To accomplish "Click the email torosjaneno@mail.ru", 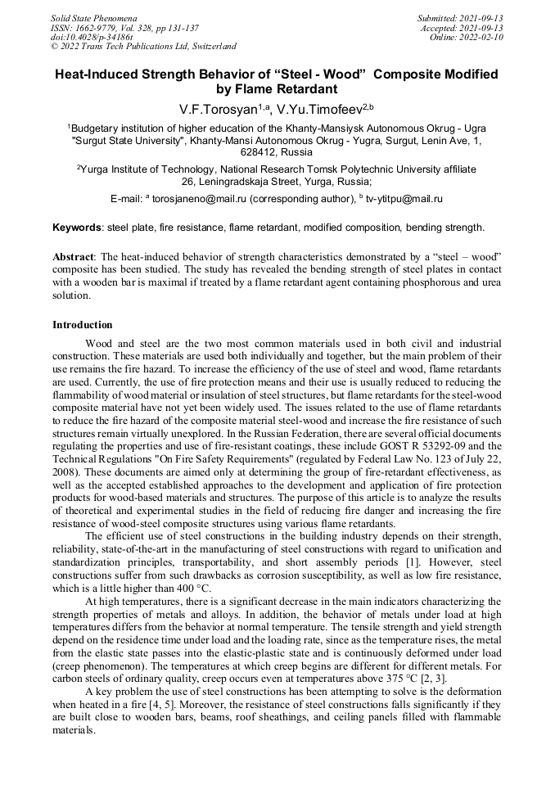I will (198, 199).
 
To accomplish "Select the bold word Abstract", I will (73, 256).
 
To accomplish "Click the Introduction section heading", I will (83, 325).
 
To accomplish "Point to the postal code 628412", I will (258, 152).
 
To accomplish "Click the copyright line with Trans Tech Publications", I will (143, 47).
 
